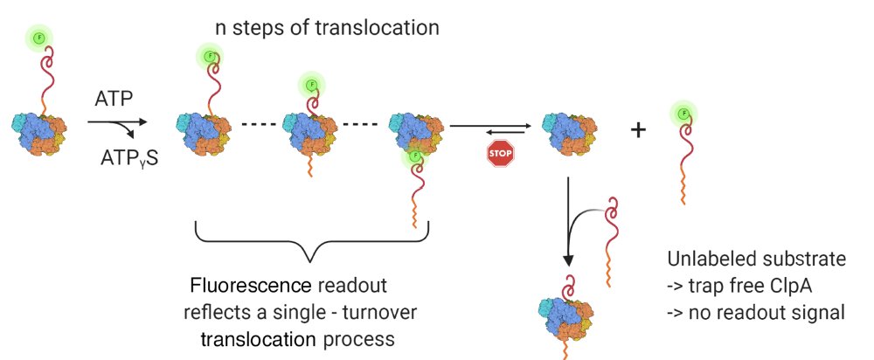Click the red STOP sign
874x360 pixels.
pos(500,154)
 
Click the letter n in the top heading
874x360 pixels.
pos(221,28)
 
